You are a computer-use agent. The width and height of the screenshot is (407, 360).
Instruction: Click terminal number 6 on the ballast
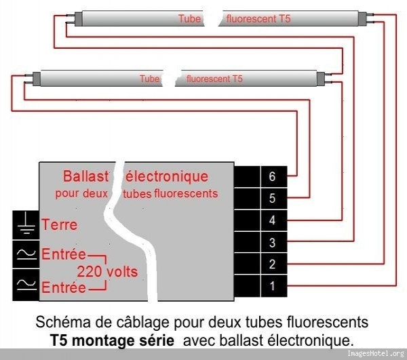pos(272,177)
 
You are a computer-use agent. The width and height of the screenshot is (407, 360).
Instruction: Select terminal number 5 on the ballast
pos(272,199)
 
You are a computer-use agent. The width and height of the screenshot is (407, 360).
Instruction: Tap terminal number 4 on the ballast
pos(272,220)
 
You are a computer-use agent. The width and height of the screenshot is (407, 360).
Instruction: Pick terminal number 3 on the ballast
pos(272,243)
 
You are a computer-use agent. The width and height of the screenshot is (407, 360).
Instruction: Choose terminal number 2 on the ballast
pos(272,264)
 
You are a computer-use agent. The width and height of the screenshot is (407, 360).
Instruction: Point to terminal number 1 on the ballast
pos(272,286)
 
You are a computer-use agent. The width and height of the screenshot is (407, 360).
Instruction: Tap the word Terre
pos(60,224)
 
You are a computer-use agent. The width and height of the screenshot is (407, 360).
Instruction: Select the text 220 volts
pos(106,272)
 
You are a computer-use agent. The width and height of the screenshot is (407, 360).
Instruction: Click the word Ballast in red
pos(85,176)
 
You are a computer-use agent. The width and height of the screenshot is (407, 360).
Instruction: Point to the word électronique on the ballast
pos(167,176)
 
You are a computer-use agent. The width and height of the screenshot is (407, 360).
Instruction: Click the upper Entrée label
pos(64,255)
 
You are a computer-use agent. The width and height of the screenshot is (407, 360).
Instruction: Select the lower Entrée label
pos(64,288)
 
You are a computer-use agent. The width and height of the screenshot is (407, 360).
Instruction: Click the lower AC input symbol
pos(25,285)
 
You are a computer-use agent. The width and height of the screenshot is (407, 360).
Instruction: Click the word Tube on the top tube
pos(189,19)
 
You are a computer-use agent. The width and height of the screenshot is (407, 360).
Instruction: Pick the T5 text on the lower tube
pos(235,79)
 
